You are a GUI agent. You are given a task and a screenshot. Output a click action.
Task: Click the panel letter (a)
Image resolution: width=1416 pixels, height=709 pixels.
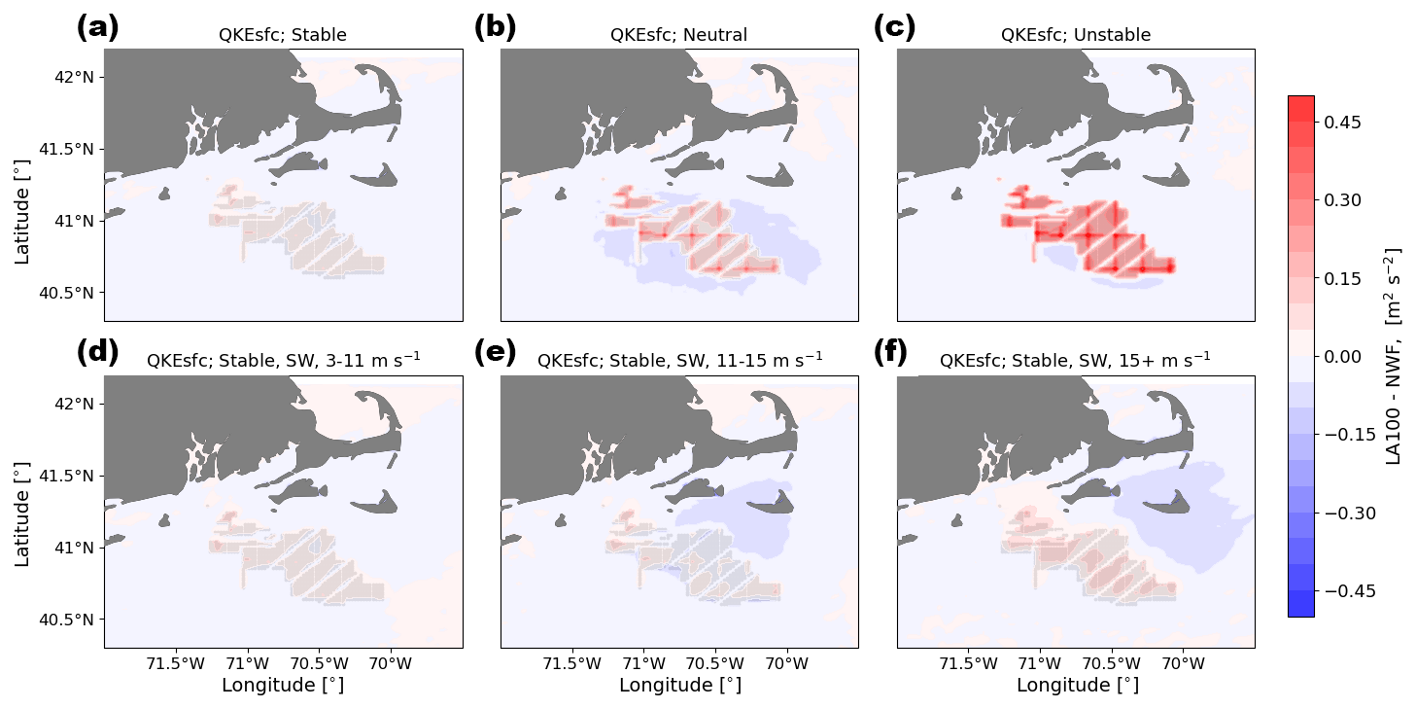[x=97, y=27]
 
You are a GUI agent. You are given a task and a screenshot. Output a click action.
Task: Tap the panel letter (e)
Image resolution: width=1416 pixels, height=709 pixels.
[x=495, y=352]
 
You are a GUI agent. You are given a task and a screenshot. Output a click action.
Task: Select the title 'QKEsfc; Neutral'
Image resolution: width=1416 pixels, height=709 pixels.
[x=678, y=36]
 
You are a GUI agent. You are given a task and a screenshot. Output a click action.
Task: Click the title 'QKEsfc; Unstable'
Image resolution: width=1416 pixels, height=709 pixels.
[x=1075, y=36]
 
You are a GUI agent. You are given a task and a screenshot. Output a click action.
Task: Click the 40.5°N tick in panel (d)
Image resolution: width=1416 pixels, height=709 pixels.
[x=70, y=620]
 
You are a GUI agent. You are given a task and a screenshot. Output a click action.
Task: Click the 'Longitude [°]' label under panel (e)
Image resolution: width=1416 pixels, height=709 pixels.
[x=679, y=686]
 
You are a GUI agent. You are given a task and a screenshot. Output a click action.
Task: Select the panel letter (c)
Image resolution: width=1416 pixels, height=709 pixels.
[x=894, y=27]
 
